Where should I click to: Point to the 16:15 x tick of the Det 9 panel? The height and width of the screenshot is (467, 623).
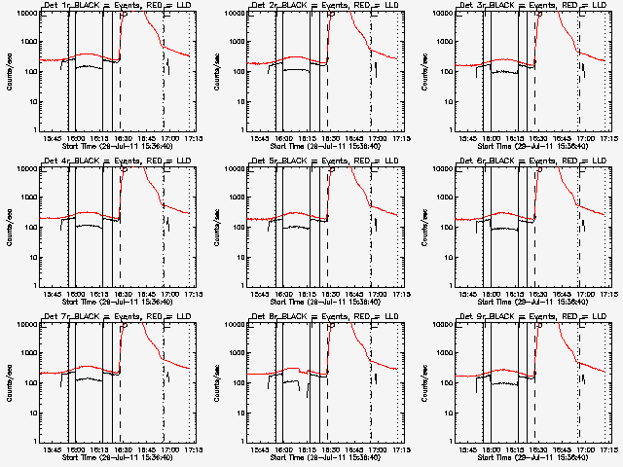pos(515,449)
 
